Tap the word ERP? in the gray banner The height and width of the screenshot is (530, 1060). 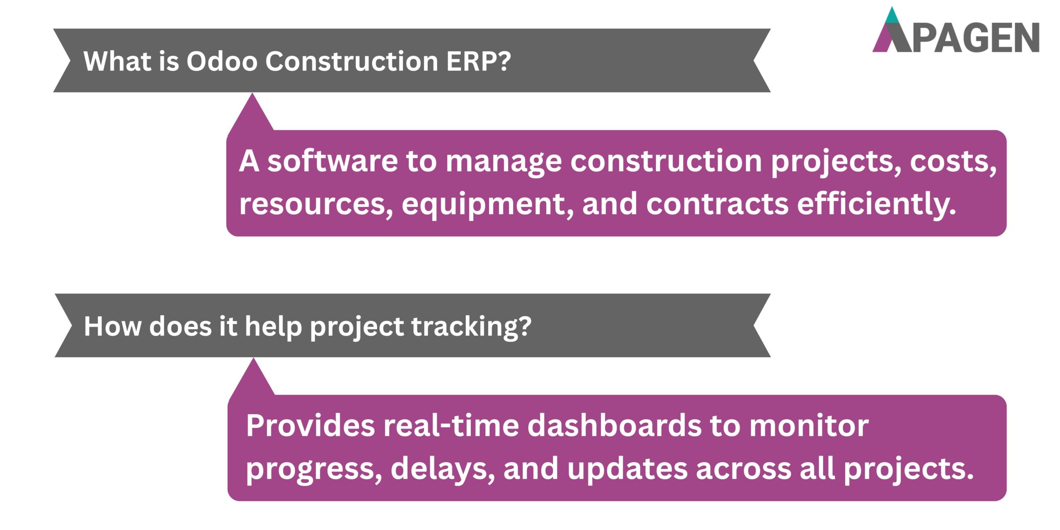[478, 61]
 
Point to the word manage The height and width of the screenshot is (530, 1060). [503, 161]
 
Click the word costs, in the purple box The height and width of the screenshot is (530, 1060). [953, 161]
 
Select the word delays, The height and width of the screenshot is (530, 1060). [442, 469]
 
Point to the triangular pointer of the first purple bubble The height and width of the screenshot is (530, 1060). [252, 114]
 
